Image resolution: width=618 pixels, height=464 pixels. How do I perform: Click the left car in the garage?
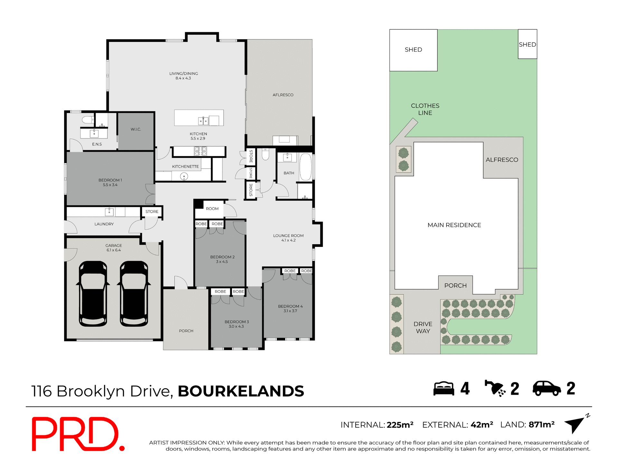pos(93,294)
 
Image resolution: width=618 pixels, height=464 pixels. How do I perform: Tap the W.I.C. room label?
pos(136,129)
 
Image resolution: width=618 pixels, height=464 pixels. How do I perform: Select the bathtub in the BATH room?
pos(305,167)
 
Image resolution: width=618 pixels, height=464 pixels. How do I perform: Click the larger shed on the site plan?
pos(413,50)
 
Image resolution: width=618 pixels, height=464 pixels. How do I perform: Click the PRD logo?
pos(77,434)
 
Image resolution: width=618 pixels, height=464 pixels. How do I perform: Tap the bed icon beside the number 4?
pos(444,389)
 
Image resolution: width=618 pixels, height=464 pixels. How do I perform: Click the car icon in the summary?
pos(547,388)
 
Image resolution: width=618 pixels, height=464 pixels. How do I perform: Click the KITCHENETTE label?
pos(185,167)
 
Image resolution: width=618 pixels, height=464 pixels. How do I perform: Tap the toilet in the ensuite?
pos(88,120)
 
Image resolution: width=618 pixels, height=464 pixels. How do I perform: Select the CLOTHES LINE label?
pos(425,109)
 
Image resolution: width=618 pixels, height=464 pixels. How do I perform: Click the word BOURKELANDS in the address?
pos(241,391)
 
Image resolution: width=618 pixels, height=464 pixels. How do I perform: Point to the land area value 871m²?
pos(541,425)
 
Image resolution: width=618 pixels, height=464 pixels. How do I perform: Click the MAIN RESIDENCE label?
pos(454,225)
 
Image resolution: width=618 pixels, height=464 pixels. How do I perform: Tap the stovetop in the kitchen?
pos(200,151)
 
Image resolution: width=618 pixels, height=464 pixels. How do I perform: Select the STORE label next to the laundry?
pos(152,212)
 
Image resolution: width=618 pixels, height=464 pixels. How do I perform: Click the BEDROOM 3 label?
pos(237,324)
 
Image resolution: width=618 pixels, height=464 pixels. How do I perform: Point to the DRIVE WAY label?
pos(423,327)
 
